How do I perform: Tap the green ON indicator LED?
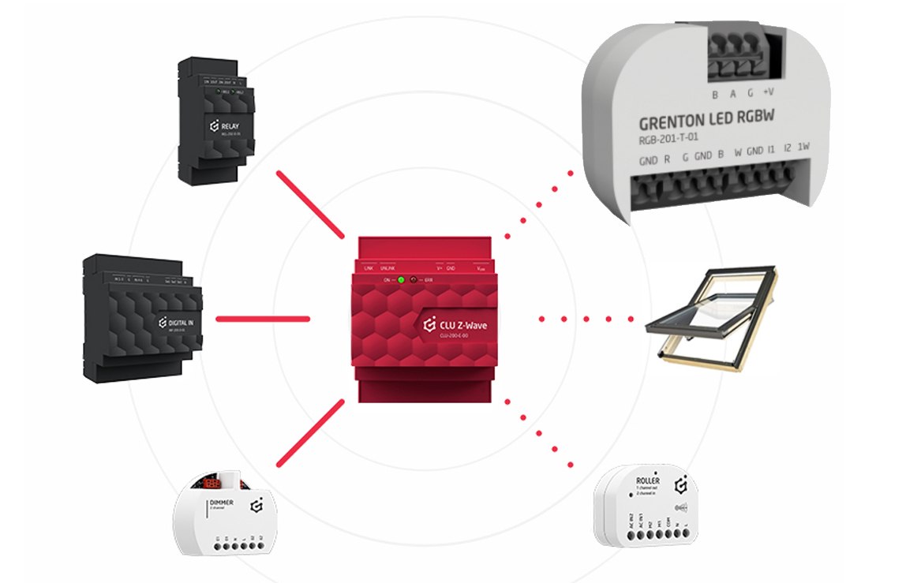[x=401, y=280]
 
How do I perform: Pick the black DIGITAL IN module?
[x=142, y=320]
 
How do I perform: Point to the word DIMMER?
[x=220, y=502]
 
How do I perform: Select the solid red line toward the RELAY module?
[x=310, y=204]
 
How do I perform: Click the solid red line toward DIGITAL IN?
[x=263, y=319]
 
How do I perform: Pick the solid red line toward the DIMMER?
[x=310, y=433]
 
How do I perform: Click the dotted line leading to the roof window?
[x=586, y=319]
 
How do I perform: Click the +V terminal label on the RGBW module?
[x=769, y=92]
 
